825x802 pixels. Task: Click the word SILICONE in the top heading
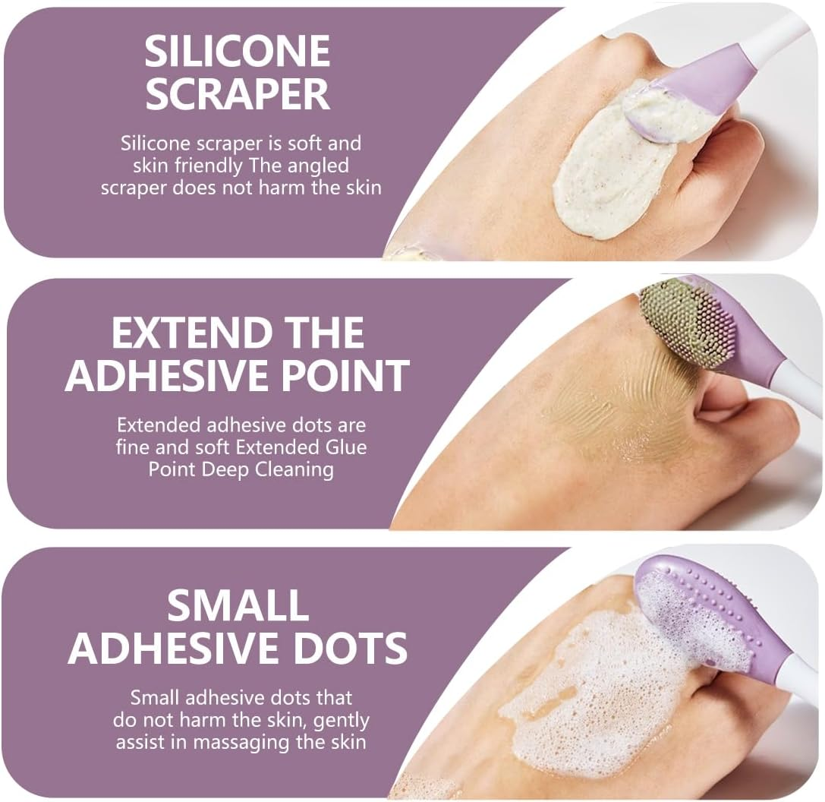tap(238, 51)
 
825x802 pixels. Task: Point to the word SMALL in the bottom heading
tap(238, 605)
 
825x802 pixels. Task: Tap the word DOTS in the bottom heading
tap(351, 648)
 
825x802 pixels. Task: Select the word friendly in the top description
tap(208, 166)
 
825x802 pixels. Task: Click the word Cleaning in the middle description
tap(288, 470)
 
